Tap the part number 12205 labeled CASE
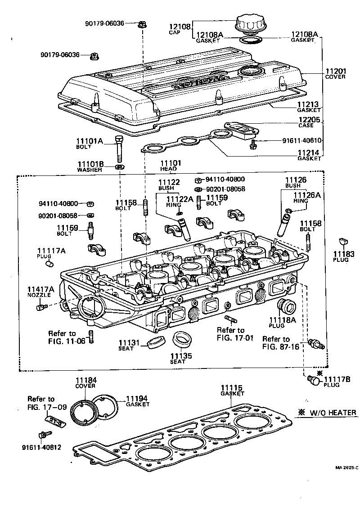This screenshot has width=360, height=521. [x=309, y=120]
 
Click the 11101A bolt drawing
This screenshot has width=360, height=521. [x=119, y=147]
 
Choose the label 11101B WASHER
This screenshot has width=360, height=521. [x=90, y=166]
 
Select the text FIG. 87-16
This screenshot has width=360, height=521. [x=282, y=346]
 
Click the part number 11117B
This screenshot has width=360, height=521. [x=337, y=379]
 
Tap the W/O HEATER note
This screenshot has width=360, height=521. [x=331, y=413]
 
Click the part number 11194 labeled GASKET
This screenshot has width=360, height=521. [x=137, y=399]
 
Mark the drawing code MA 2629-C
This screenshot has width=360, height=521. [x=346, y=467]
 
